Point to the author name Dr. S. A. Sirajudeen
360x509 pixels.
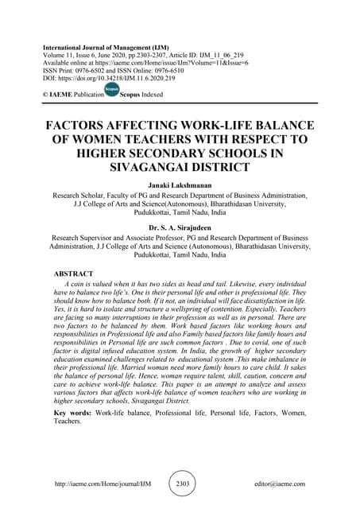click(x=180, y=227)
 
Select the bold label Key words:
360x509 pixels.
click(x=72, y=414)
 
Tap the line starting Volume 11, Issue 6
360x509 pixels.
click(x=119, y=55)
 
